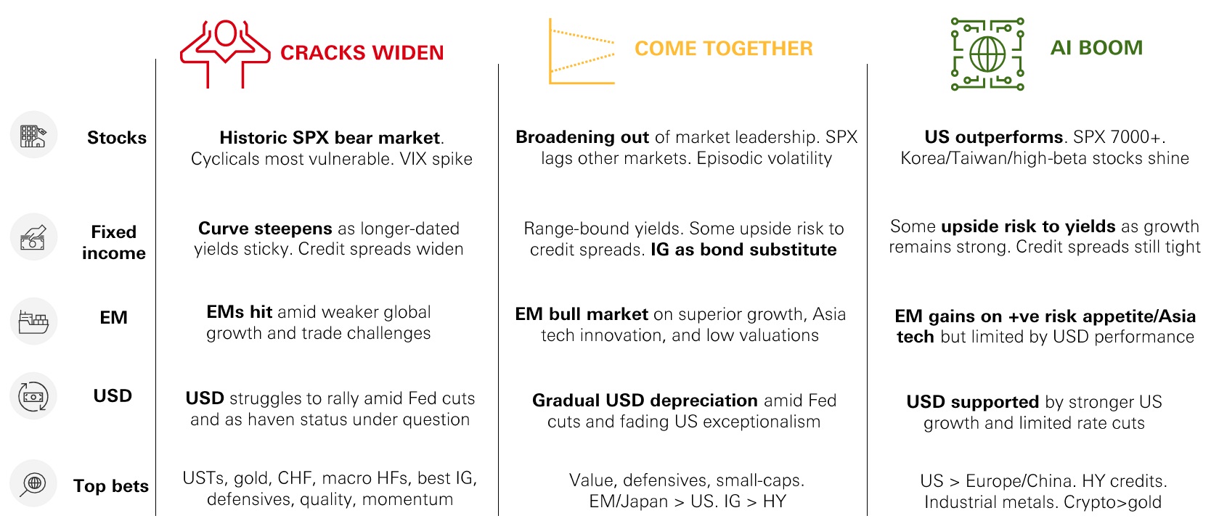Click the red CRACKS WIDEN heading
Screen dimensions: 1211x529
coord(362,52)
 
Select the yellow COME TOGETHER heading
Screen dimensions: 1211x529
coord(723,48)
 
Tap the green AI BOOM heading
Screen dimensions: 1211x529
coord(1096,48)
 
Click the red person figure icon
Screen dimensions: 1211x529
coord(225,54)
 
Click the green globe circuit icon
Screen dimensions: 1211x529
coord(987,54)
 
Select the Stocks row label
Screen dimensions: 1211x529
coord(117,137)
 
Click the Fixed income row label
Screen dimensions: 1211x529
coord(114,242)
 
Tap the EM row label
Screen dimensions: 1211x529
coord(113,317)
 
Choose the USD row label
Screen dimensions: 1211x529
coord(113,395)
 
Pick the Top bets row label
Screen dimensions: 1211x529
coord(111,485)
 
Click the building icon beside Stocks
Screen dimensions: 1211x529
coord(33,135)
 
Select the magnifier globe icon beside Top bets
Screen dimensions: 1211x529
coord(33,483)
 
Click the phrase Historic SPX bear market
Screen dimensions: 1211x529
coord(330,137)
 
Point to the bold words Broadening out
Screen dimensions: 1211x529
coord(582,136)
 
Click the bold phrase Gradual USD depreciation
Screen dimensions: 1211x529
coord(645,400)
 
